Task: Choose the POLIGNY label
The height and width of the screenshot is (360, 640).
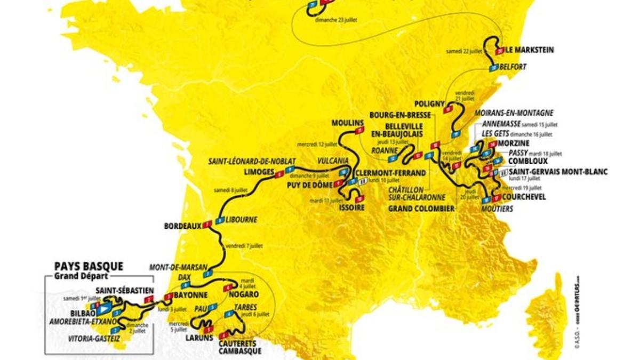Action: [428, 103]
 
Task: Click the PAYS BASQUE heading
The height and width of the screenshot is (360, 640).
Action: [89, 266]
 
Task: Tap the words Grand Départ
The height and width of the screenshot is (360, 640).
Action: [81, 276]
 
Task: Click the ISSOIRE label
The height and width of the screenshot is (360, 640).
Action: [351, 207]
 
